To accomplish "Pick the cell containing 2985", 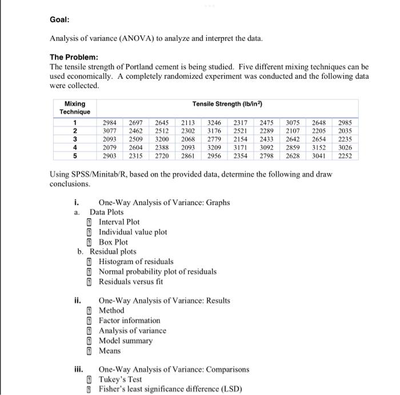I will click(345, 122).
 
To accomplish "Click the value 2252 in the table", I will click(345, 156).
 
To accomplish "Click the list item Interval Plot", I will click(119, 222).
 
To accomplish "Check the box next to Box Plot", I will click(89, 242).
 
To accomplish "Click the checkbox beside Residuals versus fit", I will click(89, 282).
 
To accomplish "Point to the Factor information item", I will click(130, 320).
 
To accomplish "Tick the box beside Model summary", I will click(89, 341).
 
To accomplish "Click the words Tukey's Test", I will click(121, 380).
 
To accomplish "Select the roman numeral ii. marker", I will click(79, 300).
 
